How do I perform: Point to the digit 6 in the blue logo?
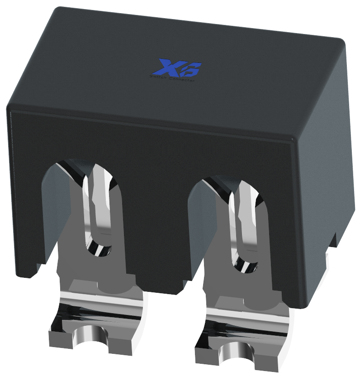189,70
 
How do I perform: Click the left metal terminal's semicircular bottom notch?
90,335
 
